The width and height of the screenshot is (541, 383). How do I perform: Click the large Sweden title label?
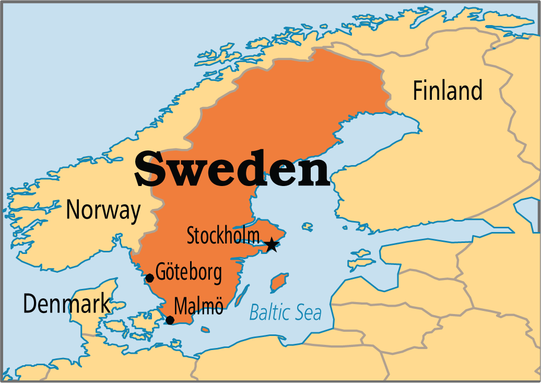click(x=232, y=168)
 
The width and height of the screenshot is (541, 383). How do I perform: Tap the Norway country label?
click(x=103, y=210)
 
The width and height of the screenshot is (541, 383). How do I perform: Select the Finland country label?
click(x=448, y=90)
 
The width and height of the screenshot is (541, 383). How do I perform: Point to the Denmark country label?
click(x=67, y=303)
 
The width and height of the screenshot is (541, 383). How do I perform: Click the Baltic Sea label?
click(x=285, y=312)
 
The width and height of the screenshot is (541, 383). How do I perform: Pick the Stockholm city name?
click(x=223, y=236)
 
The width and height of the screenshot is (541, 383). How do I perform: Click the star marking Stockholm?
click(x=272, y=245)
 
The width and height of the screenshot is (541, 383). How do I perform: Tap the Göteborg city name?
click(x=189, y=273)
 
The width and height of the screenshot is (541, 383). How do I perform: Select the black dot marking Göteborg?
click(x=149, y=278)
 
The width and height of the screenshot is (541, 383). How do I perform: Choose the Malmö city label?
click(x=199, y=306)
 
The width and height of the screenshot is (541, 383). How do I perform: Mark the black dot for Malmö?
click(x=170, y=320)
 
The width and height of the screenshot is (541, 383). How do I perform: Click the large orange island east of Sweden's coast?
click(x=278, y=282)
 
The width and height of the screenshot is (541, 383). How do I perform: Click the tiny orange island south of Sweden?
click(x=205, y=330)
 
